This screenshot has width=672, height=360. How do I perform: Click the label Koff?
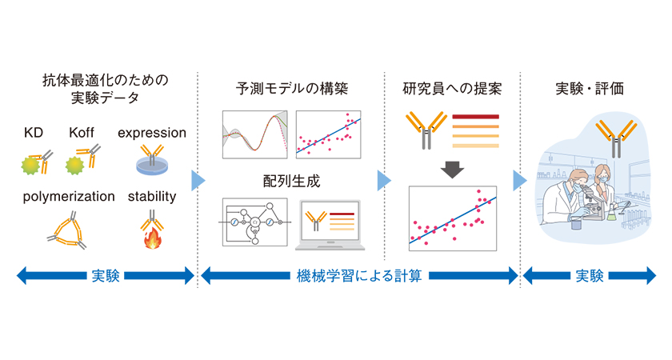pos(82,133)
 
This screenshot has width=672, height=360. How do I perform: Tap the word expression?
pos(152,133)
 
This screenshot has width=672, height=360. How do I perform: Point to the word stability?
pos(152,196)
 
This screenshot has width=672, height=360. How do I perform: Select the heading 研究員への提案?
pos(453,89)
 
